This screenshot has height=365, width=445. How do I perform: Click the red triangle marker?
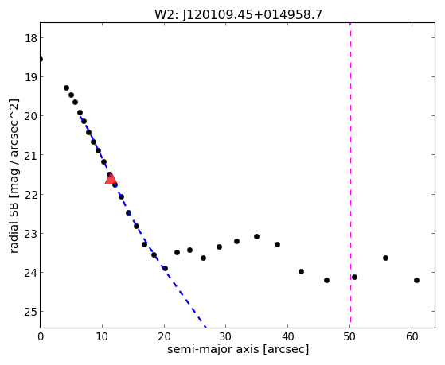[x=111, y=178]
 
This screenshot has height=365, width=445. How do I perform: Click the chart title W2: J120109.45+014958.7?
[x=238, y=14]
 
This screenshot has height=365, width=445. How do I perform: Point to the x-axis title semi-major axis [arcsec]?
[x=238, y=349]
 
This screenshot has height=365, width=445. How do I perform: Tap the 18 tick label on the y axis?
[x=31, y=38]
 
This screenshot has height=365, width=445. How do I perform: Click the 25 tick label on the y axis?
[x=31, y=312]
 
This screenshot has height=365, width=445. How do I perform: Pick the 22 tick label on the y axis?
[x=31, y=195]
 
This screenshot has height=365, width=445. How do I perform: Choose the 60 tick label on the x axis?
[x=412, y=336]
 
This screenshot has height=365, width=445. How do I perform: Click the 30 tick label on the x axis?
[x=225, y=336]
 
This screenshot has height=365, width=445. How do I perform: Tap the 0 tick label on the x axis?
[x=41, y=336]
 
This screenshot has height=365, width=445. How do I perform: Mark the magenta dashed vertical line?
[x=350, y=175]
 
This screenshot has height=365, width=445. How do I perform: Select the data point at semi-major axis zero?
[x=41, y=60]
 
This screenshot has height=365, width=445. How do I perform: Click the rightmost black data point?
[x=416, y=280]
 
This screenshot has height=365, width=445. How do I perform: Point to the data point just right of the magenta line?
[x=354, y=277]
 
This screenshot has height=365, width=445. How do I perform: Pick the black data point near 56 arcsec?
[x=385, y=258]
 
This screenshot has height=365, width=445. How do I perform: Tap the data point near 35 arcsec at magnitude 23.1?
[x=256, y=236]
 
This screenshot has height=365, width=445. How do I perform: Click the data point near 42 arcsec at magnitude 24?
[x=301, y=272]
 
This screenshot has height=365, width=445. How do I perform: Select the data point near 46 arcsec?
[x=326, y=280]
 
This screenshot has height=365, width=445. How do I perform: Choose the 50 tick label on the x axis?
[x=350, y=336]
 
